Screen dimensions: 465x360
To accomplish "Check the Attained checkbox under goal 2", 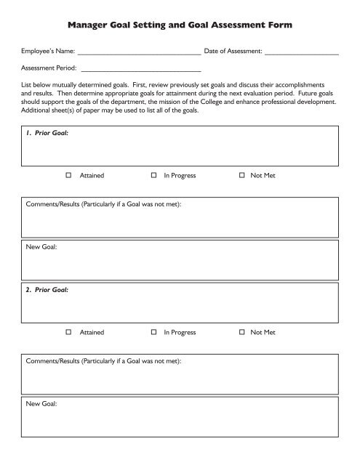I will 68,333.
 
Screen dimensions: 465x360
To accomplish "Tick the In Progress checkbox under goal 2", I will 154,333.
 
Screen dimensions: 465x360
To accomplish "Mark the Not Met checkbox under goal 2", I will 241,333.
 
